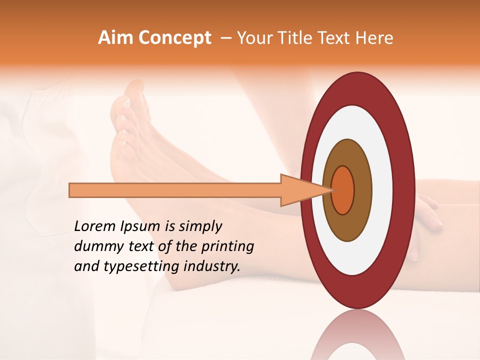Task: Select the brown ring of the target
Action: (x=348, y=225)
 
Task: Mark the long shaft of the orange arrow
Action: (x=175, y=190)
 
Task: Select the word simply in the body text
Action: (x=200, y=226)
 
